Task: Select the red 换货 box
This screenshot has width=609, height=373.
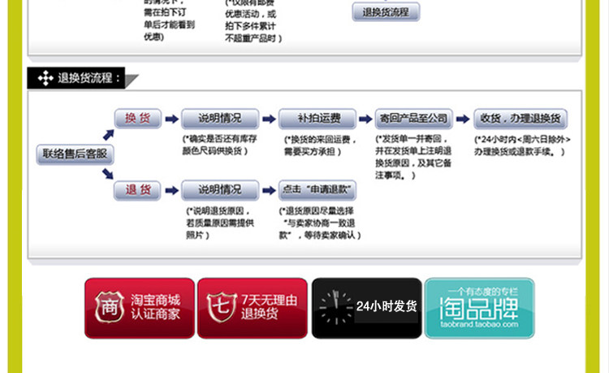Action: (137, 119)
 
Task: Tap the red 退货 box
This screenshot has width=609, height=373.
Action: (137, 190)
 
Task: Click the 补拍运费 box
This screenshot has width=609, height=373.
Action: (315, 119)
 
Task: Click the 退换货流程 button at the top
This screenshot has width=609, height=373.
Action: (386, 12)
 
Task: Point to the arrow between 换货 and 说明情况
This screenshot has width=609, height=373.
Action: (171, 119)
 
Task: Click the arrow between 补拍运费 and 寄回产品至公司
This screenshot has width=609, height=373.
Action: (364, 119)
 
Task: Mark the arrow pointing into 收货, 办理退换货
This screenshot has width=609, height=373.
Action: (464, 119)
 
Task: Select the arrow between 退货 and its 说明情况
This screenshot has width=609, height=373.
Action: (171, 191)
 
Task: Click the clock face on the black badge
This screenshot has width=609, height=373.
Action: (333, 307)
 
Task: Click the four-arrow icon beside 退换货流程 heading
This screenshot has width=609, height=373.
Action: (44, 79)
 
